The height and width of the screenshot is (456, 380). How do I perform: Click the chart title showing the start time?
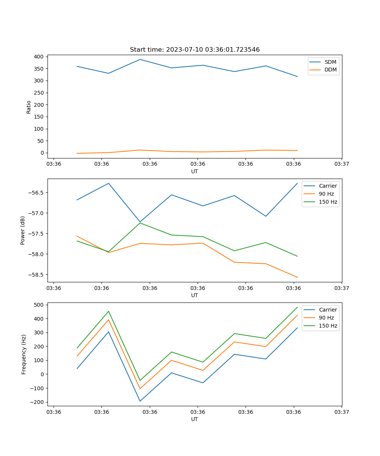195,50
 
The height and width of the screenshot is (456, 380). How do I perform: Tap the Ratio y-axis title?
29,107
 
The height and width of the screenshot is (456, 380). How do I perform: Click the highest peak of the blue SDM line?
140,59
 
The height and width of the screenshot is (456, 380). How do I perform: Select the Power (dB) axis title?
23,230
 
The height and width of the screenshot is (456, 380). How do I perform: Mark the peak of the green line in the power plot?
140,223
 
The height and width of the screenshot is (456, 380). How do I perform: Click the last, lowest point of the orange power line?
297,277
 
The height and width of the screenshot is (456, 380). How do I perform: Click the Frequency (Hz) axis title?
24,354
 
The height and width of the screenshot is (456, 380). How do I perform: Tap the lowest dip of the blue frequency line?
140,401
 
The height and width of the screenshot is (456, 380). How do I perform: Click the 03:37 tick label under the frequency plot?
342,412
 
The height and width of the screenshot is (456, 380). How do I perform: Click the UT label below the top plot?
195,171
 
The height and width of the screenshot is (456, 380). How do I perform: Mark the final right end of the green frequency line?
297,307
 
